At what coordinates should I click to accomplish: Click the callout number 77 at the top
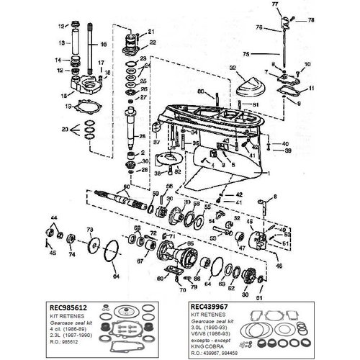[274, 5]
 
